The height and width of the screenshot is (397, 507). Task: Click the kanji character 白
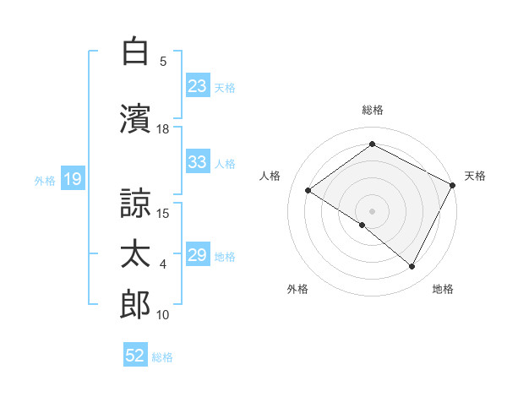pos(136,52)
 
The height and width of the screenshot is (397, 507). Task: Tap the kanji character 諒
pos(136,204)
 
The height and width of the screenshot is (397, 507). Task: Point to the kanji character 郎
pos(136,306)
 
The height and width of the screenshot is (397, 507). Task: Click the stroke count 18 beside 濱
pos(163,128)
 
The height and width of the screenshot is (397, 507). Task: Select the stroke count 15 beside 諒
pos(164,213)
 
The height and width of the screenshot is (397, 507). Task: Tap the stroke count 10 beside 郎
pos(163,315)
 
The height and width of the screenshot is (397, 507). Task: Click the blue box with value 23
pos(198,85)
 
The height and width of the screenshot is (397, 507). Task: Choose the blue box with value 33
pos(198,162)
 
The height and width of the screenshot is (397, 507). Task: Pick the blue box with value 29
pos(198,255)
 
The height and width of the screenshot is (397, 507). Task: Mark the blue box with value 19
pos(72,178)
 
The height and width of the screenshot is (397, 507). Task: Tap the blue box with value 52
pos(135,356)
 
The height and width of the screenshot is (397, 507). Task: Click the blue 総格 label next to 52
pos(163,356)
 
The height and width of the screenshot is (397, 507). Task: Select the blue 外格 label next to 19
pos(45,179)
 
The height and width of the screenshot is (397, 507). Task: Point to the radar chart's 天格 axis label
pos(475,176)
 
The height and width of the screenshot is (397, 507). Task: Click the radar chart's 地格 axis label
pos(443,289)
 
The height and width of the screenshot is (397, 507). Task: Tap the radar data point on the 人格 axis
pos(308,190)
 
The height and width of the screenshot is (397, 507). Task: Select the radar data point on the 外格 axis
pos(363,225)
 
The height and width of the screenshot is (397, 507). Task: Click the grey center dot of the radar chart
pos(372,209)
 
